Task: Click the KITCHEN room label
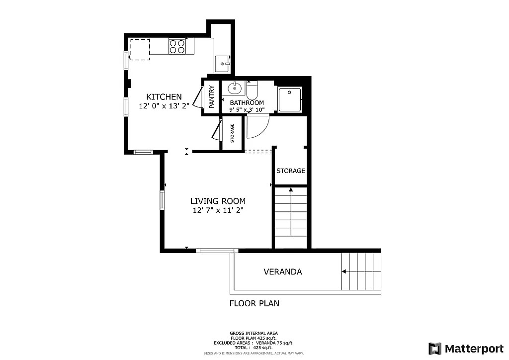(164, 96)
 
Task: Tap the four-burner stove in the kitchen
(177, 46)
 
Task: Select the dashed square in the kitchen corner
(140, 49)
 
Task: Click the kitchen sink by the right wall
(222, 64)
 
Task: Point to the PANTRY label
(212, 97)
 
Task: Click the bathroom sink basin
(234, 89)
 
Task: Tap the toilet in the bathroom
(252, 90)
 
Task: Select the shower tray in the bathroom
(290, 99)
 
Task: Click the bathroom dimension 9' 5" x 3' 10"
(247, 109)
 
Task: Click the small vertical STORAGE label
(232, 133)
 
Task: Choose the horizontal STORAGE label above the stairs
(291, 171)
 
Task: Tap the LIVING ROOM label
(218, 201)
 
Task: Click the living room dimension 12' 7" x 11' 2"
(218, 210)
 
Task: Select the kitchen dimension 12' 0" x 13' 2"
(164, 105)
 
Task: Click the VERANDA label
(282, 272)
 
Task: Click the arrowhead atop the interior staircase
(291, 189)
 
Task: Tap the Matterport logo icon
(435, 348)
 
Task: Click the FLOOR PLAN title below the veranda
(254, 303)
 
